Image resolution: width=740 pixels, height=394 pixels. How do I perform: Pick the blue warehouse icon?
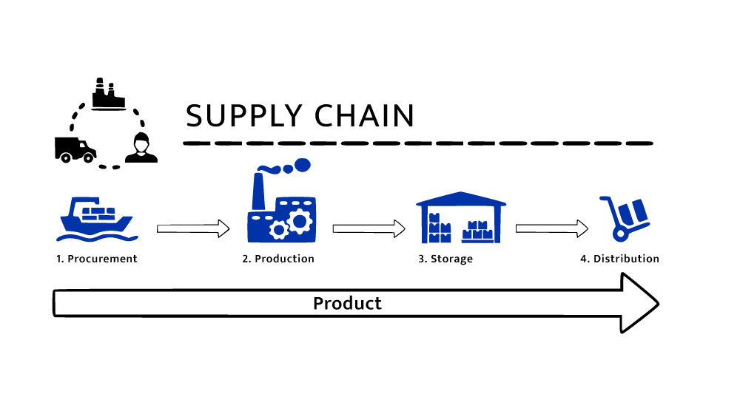pyautogui.click(x=461, y=218)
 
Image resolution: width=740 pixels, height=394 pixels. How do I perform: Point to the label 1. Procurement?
pyautogui.click(x=97, y=259)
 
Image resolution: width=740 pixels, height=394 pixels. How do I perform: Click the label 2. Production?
pyautogui.click(x=278, y=259)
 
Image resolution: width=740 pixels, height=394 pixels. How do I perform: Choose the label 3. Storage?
pyautogui.click(x=445, y=259)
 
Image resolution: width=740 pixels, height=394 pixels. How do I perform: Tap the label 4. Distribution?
pyautogui.click(x=619, y=259)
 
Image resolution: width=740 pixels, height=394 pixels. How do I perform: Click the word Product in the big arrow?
pyautogui.click(x=347, y=303)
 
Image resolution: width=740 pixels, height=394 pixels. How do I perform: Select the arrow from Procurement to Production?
pyautogui.click(x=193, y=228)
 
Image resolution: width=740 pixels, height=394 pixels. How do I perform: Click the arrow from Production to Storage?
pyautogui.click(x=369, y=228)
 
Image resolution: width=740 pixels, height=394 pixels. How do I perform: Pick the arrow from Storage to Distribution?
pyautogui.click(x=551, y=228)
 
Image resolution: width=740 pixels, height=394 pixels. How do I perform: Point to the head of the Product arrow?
pyautogui.click(x=639, y=303)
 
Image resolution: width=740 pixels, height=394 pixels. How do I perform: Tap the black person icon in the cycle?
pyautogui.click(x=141, y=149)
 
